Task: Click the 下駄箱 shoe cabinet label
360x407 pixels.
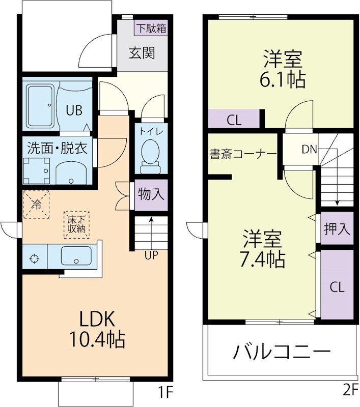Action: pos(151,28)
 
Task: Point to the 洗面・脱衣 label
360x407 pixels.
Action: pos(57,149)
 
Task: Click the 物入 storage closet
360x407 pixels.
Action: pos(151,195)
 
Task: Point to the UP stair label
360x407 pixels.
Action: pos(151,256)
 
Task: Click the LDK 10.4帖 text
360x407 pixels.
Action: pos(99,328)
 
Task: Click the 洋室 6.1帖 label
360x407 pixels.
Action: pos(283,69)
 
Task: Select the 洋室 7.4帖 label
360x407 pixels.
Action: pos(262,249)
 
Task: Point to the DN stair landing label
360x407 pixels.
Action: pos(309,149)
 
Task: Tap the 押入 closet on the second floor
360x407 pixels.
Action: pos(337,229)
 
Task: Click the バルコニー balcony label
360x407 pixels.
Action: pos(282,352)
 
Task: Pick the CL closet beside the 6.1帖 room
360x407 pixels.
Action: pos(234,121)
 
